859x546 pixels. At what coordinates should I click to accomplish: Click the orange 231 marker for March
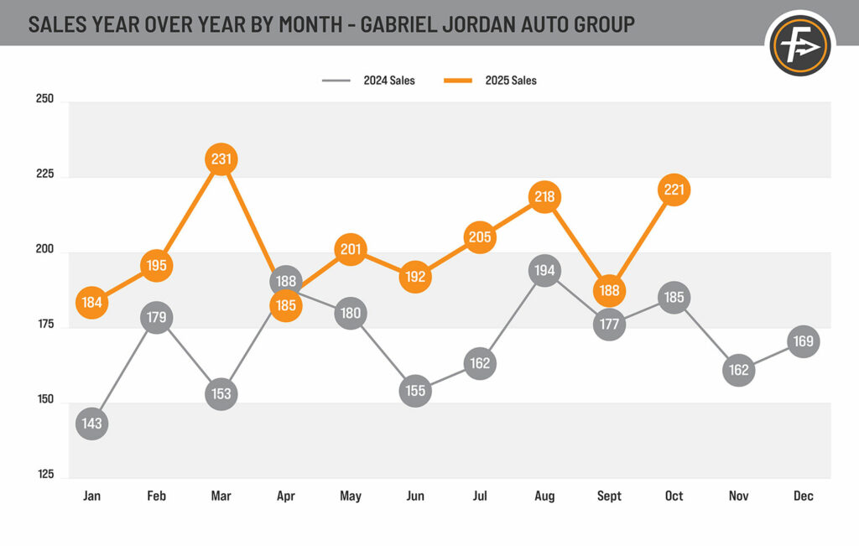(x=221, y=159)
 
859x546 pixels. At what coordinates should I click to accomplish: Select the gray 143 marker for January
(x=92, y=424)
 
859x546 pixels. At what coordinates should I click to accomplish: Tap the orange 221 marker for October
(x=674, y=190)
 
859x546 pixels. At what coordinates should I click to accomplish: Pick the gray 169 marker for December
(x=803, y=341)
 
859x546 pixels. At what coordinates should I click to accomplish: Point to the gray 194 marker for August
(x=544, y=271)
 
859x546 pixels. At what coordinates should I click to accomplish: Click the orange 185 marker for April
(x=286, y=305)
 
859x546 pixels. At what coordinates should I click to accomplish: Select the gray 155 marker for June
(x=415, y=390)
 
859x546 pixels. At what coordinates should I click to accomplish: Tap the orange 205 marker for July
(x=480, y=237)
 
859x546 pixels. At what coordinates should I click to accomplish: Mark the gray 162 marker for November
(x=738, y=369)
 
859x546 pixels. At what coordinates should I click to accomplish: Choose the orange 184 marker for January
(x=92, y=302)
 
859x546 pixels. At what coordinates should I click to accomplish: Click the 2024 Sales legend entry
(x=369, y=81)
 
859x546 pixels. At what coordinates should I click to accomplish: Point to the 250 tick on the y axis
(x=45, y=99)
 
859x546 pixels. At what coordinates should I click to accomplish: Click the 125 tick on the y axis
(x=45, y=475)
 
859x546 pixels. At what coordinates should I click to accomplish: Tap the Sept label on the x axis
(x=609, y=497)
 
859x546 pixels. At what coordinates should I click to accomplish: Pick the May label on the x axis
(x=351, y=497)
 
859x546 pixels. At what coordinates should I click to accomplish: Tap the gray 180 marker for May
(x=351, y=314)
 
